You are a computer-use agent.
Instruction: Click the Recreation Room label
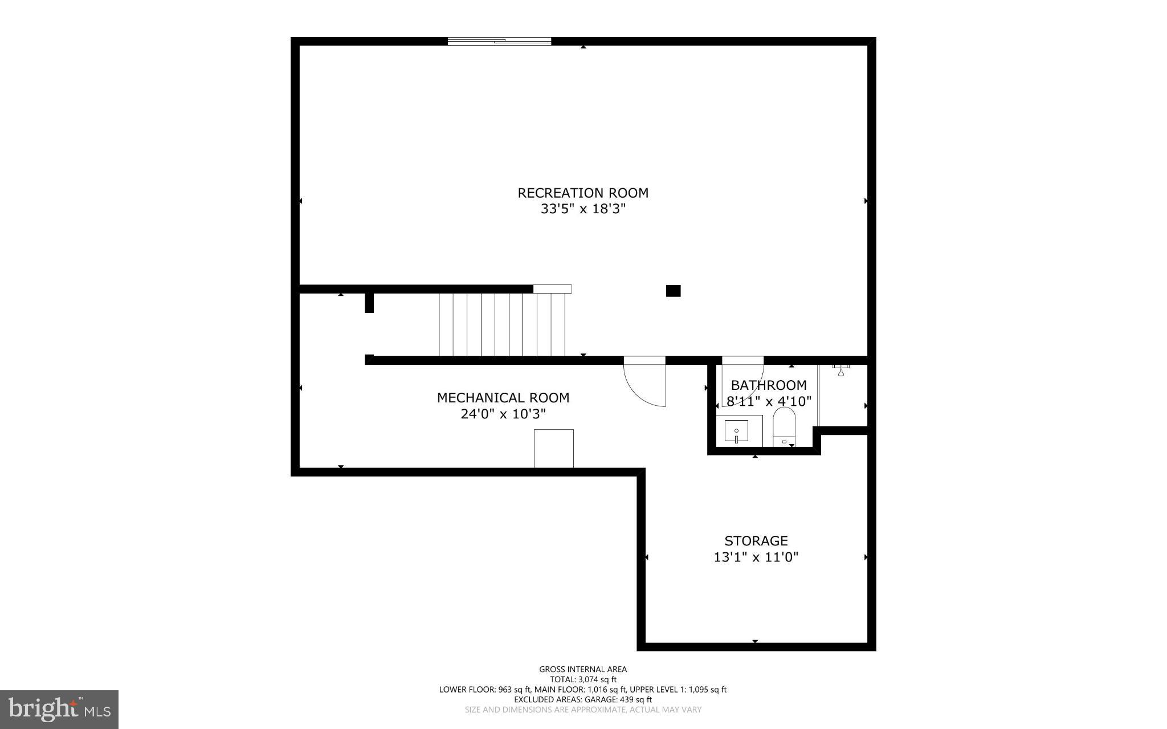582,193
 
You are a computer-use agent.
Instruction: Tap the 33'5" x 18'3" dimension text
582,209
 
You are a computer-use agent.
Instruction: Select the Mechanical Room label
503,398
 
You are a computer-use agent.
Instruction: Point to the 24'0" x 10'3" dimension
503,414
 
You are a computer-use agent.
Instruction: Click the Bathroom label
768,385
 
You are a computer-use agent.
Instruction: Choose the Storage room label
756,540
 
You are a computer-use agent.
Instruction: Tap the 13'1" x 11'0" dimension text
756,557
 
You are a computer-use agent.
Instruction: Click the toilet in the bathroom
784,426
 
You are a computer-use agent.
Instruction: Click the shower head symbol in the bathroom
840,370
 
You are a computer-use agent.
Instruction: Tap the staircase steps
501,324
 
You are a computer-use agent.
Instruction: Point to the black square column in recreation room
673,291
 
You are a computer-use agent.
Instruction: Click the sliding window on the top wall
499,41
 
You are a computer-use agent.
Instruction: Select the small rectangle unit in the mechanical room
553,449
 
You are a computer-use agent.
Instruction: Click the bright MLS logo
59,709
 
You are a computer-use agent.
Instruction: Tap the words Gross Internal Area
582,669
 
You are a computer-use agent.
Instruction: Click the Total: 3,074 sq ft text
582,679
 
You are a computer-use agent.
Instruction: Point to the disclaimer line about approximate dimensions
582,710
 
